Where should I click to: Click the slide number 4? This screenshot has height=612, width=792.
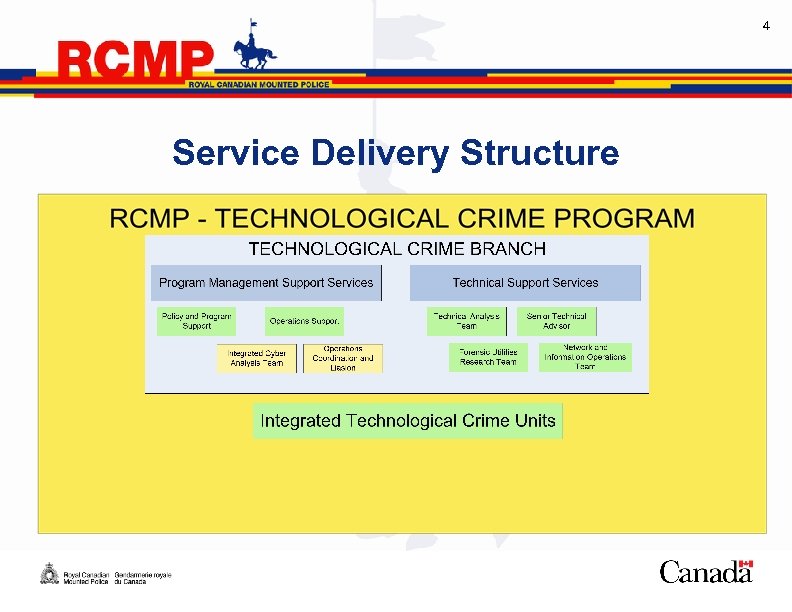(x=766, y=25)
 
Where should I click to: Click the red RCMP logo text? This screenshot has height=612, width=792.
(x=136, y=62)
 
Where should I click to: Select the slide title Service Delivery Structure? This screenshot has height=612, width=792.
(x=395, y=154)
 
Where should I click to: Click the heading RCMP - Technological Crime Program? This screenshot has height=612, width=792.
(x=402, y=218)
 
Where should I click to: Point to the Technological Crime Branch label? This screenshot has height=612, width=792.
(x=397, y=249)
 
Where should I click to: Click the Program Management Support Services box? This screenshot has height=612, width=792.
(x=266, y=283)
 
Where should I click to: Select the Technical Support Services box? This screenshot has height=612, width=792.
(x=525, y=283)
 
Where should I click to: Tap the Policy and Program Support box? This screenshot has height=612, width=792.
(x=196, y=321)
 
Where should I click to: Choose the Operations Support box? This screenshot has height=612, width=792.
(x=305, y=322)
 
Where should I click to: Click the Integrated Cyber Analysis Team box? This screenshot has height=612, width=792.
(x=256, y=358)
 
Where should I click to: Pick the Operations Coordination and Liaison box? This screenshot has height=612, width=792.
(x=343, y=358)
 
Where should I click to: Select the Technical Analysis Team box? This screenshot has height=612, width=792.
(x=466, y=321)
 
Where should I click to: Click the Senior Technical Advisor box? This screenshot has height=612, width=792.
(x=557, y=321)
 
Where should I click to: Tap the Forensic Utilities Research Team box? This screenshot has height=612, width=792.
(x=488, y=357)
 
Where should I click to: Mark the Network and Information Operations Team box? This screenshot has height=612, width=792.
(x=585, y=357)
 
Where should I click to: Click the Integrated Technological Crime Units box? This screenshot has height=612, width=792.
(x=407, y=421)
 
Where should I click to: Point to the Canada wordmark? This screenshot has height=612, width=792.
(x=706, y=572)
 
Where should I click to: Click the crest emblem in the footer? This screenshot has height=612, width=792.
(x=48, y=574)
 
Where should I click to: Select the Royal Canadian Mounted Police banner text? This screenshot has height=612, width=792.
(x=259, y=85)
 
